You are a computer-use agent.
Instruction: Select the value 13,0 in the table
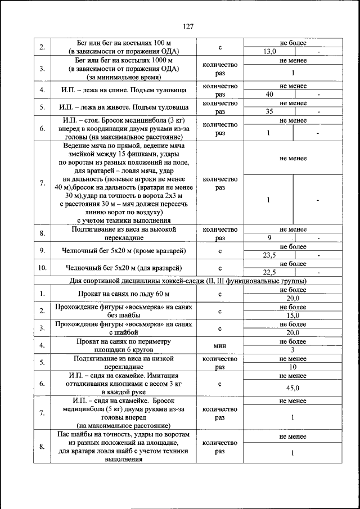click(x=270, y=51)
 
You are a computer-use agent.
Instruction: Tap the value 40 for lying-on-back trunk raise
click(x=269, y=94)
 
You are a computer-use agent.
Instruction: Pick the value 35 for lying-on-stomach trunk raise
click(x=269, y=112)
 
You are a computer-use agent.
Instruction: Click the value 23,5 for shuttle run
click(x=270, y=255)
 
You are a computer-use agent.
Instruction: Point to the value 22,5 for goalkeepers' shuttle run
click(x=270, y=273)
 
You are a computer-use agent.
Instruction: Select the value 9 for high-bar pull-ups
click(x=269, y=238)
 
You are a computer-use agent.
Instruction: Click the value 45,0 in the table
click(x=292, y=388)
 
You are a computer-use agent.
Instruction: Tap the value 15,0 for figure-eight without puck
click(x=292, y=316)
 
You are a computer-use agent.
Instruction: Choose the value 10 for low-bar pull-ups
click(x=292, y=367)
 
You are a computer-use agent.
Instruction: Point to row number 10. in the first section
click(x=42, y=268)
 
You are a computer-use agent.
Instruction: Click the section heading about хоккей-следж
click(x=188, y=281)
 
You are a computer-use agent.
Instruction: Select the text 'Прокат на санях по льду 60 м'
click(x=124, y=294)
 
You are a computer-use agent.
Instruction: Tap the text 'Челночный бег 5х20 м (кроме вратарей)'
click(x=124, y=251)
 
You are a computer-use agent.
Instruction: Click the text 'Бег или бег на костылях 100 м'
click(x=124, y=43)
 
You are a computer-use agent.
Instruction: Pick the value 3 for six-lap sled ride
click(x=292, y=350)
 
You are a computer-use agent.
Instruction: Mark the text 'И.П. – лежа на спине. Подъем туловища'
click(x=124, y=90)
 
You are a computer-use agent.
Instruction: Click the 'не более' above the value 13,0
click(x=292, y=43)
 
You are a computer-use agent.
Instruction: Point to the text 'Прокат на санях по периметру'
click(x=124, y=341)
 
